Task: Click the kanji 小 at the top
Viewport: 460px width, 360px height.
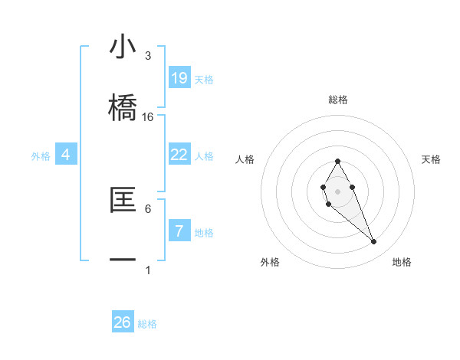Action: tap(123, 47)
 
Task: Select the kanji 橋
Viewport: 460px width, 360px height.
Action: tap(123, 105)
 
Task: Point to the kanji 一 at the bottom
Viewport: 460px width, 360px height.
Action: tap(123, 259)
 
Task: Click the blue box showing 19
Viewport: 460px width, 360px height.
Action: tap(179, 77)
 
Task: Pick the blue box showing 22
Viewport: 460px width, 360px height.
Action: tap(179, 155)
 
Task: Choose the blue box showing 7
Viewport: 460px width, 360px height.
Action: tap(179, 231)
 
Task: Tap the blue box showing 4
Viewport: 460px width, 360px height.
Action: tap(66, 155)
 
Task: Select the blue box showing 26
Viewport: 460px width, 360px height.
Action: tap(123, 322)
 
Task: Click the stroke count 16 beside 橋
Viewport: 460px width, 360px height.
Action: tap(148, 117)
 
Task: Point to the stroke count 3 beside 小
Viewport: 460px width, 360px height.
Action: tap(148, 56)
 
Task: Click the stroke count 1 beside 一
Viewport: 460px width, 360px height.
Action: tap(148, 270)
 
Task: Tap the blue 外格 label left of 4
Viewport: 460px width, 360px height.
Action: tap(41, 156)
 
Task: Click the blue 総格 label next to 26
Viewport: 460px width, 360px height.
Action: tap(147, 324)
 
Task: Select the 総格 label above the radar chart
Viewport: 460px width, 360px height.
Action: tap(338, 100)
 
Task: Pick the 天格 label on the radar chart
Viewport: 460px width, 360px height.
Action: tap(432, 159)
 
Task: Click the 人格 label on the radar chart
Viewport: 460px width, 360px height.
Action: tap(245, 159)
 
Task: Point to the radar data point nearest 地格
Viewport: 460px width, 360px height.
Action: tap(374, 242)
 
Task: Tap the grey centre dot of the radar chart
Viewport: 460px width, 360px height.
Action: tap(337, 190)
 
